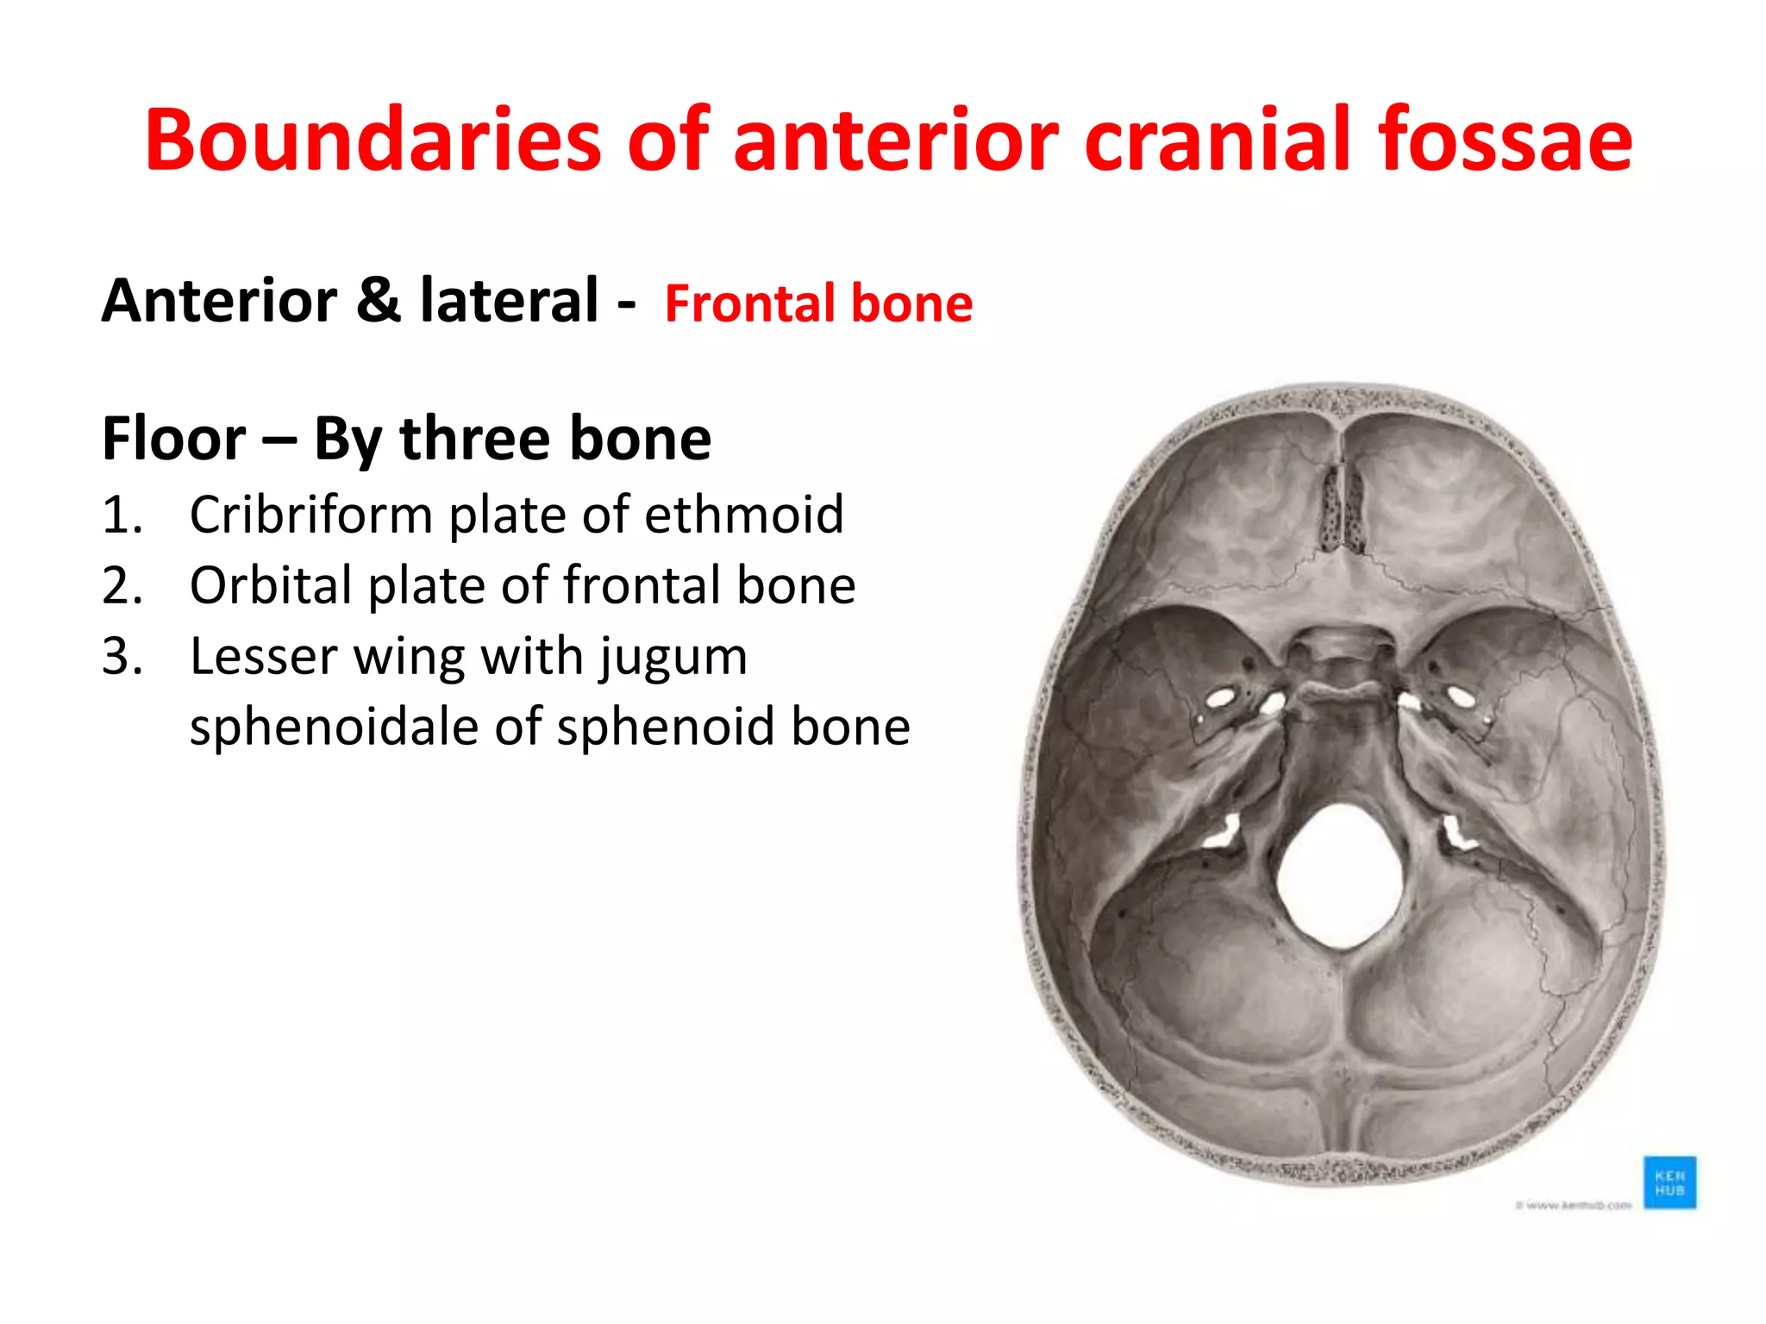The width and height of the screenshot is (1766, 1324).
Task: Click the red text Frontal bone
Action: tap(818, 303)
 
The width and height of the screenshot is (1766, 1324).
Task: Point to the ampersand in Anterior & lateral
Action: tap(379, 301)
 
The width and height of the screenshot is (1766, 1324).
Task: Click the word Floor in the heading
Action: tap(173, 439)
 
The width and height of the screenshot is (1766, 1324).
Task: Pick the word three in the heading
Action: tap(474, 439)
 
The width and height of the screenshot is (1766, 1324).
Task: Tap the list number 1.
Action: tap(122, 515)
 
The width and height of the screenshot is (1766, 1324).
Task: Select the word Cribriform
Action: tap(311, 515)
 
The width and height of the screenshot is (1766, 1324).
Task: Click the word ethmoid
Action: tap(743, 515)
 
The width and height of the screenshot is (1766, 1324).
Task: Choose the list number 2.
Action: tap(122, 586)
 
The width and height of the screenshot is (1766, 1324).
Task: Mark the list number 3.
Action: tap(122, 657)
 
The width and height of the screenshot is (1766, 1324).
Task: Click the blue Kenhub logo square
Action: tap(1669, 1183)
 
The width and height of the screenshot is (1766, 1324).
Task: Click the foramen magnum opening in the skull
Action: tap(1342, 875)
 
